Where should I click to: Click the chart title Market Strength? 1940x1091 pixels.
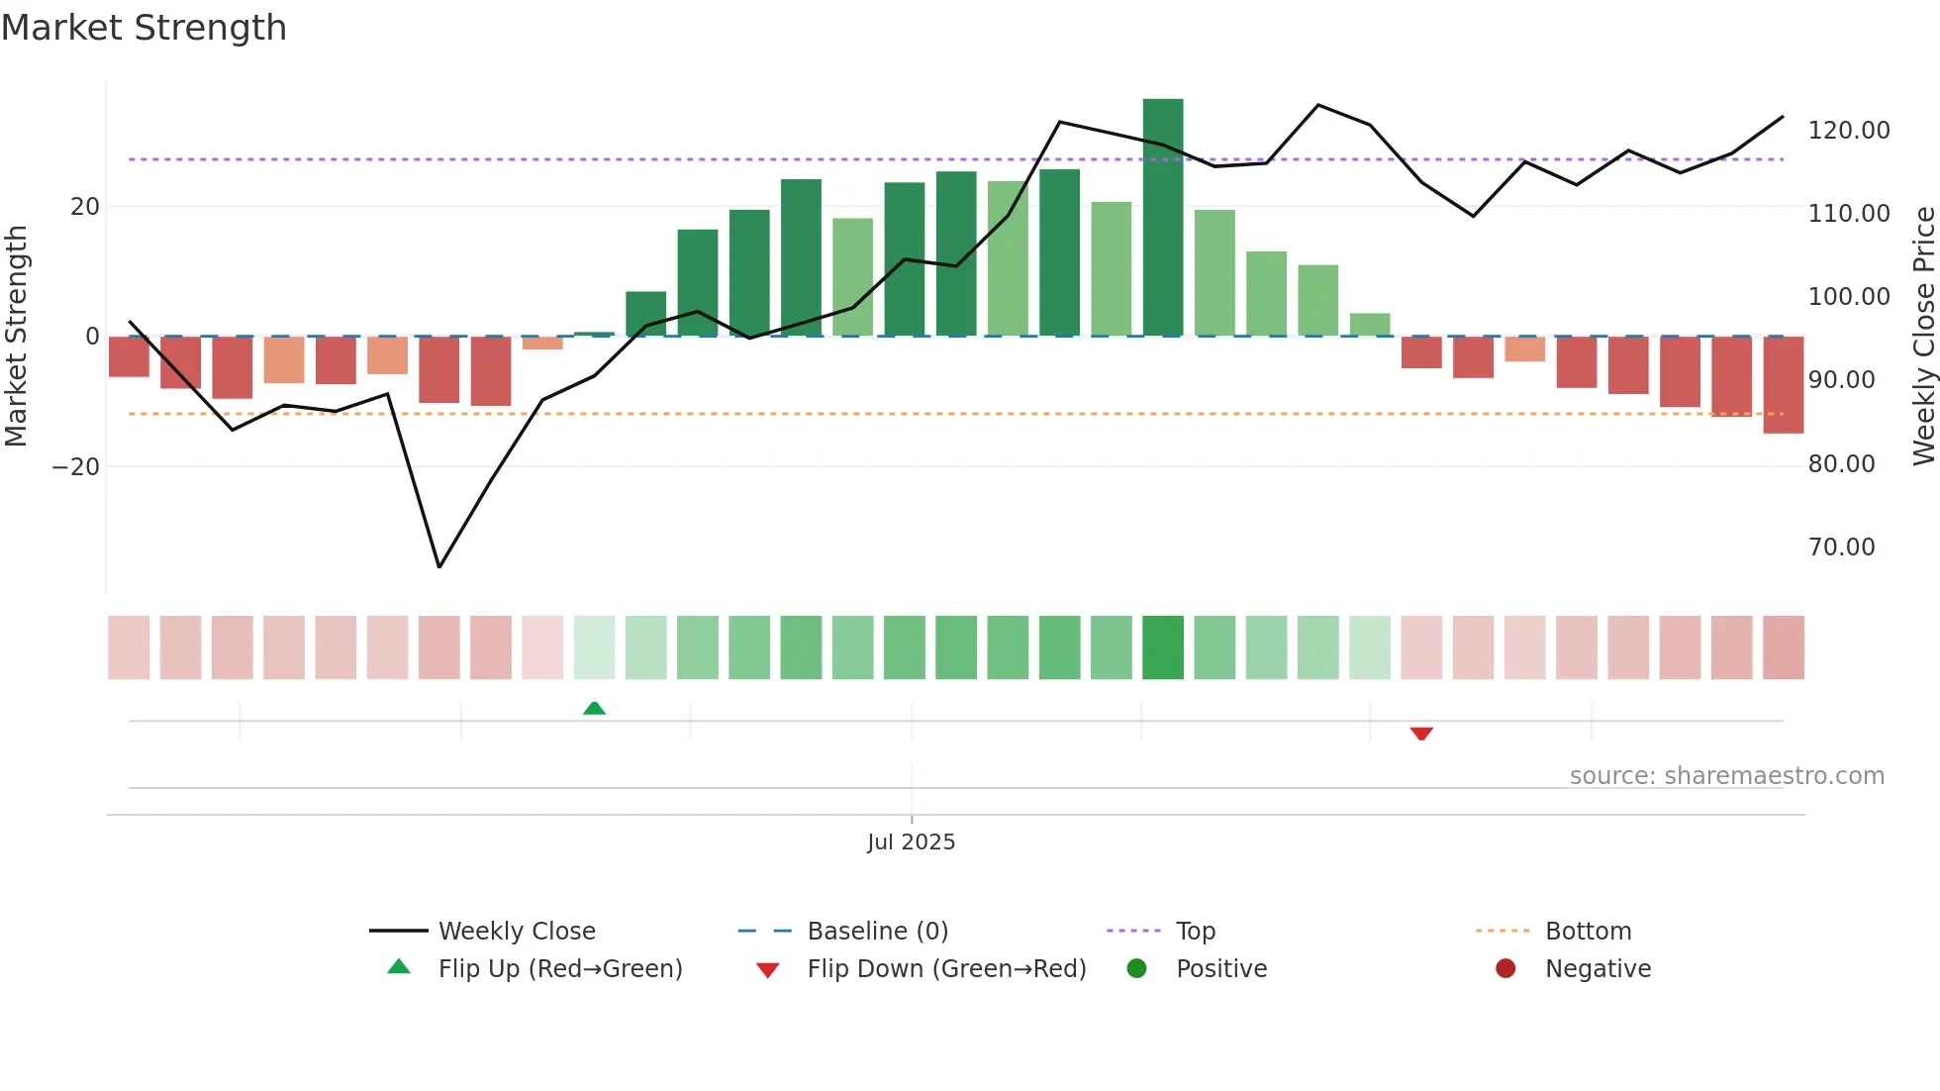click(x=144, y=28)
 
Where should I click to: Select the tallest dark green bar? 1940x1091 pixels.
click(x=1163, y=218)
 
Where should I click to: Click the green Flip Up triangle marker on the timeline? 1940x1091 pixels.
click(x=594, y=708)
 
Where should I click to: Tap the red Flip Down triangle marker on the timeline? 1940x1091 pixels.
click(x=1421, y=734)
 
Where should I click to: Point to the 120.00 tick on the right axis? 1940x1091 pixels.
click(x=1848, y=131)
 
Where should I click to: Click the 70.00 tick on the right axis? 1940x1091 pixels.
click(x=1841, y=547)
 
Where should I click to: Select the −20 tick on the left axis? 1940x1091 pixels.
click(x=76, y=467)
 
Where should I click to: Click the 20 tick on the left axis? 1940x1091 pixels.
click(x=85, y=207)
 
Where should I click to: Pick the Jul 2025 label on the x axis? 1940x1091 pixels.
click(x=911, y=843)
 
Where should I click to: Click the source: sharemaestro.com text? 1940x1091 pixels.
click(x=1726, y=776)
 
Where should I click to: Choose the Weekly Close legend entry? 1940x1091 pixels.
click(x=517, y=932)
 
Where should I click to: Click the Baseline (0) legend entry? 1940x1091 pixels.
click(x=877, y=932)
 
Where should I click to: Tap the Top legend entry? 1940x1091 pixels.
click(x=1195, y=932)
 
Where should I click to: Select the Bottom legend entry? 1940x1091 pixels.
click(x=1588, y=932)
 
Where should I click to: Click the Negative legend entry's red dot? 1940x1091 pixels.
click(x=1505, y=969)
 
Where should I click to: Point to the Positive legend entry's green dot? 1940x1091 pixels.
click(x=1136, y=969)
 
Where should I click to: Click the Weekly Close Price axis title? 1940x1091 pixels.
click(x=1923, y=337)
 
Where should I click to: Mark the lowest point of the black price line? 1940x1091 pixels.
click(x=439, y=567)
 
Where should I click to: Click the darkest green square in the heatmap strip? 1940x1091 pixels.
click(x=1163, y=647)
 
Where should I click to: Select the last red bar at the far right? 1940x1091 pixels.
click(x=1783, y=386)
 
